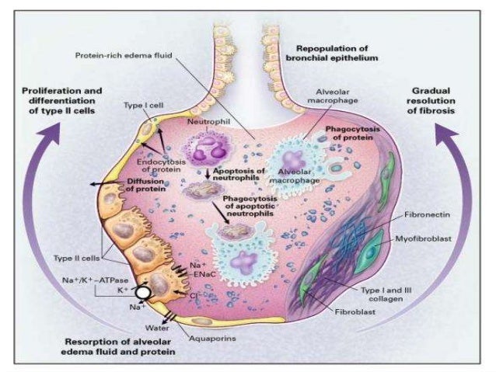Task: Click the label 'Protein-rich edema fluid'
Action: (124, 56)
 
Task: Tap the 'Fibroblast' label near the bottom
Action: (352, 318)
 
